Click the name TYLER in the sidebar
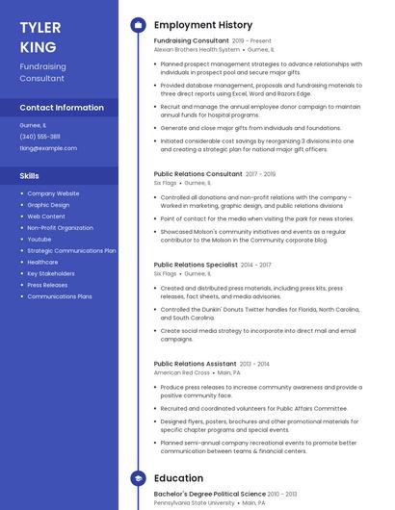[40, 26]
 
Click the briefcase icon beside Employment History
[138, 24]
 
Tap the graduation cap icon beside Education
[138, 478]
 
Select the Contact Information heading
[62, 108]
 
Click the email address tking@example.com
[48, 148]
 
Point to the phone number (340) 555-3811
[39, 137]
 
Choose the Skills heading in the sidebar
[30, 176]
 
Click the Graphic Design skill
[48, 205]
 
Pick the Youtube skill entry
[39, 239]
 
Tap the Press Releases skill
[47, 285]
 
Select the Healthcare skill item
[42, 262]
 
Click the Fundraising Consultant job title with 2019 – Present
[191, 41]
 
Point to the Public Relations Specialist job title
[196, 264]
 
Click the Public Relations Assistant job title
[195, 364]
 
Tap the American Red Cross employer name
[181, 372]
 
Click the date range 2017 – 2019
[260, 174]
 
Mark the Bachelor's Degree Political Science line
[209, 494]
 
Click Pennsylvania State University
[194, 502]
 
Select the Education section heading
[178, 478]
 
